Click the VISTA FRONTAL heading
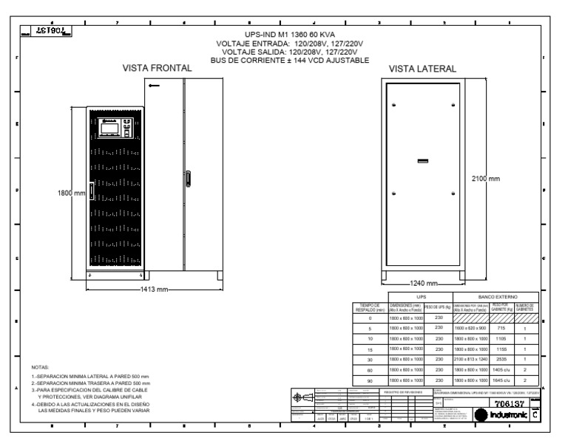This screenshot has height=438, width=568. [157, 68]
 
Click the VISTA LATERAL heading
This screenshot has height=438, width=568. [422, 69]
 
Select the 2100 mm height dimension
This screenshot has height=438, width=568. [486, 179]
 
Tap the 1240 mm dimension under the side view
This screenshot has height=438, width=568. [422, 283]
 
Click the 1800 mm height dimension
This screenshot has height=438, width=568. [72, 194]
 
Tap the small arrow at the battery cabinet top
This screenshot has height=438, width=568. [153, 86]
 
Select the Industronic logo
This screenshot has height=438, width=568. [507, 417]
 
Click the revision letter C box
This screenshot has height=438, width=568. [536, 417]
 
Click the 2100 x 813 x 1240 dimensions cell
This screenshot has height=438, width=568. [461, 357]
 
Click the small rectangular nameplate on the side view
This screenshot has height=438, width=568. [422, 160]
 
